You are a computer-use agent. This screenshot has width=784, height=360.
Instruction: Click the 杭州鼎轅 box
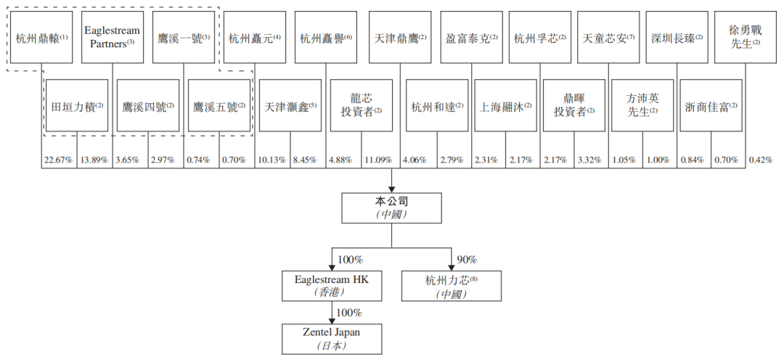pos(41,36)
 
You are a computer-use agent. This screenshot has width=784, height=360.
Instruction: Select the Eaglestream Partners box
pos(112,36)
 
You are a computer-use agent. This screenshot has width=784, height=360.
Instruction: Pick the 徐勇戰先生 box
pos(747,36)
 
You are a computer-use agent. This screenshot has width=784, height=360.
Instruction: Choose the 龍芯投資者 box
pos(361,105)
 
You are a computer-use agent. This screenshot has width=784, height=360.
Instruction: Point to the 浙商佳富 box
pos(711,105)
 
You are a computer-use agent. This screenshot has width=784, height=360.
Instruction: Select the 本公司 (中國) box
pos(392,208)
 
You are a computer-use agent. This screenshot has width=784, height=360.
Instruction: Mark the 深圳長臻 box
pos(677,36)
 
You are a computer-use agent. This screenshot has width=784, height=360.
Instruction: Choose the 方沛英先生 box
pos(642,105)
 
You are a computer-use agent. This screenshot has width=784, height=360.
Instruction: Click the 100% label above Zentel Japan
pos(349,312)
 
